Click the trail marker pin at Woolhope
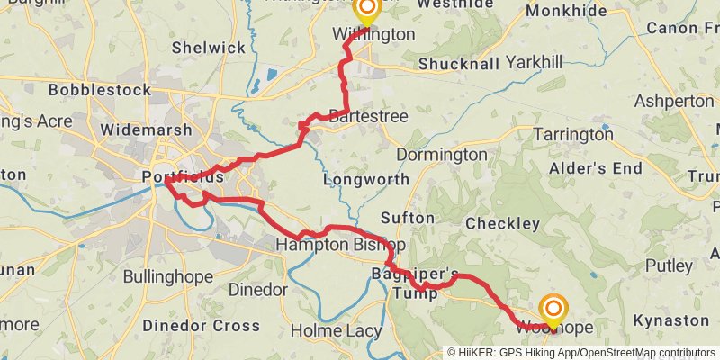(x=552, y=310)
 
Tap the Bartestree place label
(x=368, y=117)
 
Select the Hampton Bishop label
(x=340, y=245)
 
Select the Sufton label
(x=408, y=218)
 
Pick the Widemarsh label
(x=135, y=130)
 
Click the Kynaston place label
(x=670, y=319)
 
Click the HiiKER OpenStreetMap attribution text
(x=580, y=353)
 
